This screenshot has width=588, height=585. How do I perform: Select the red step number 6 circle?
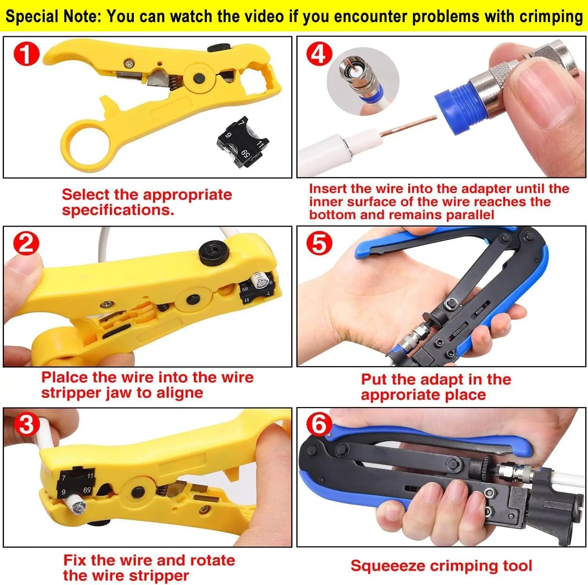pos(319,425)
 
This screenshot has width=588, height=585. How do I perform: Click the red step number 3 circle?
pos(26,425)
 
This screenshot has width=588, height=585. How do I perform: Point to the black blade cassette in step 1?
pos(243,142)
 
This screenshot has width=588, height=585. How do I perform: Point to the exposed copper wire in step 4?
pos(408,127)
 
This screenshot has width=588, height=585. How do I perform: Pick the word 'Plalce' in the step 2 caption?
pos(64,378)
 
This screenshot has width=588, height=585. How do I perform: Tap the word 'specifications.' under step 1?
pos(118,210)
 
